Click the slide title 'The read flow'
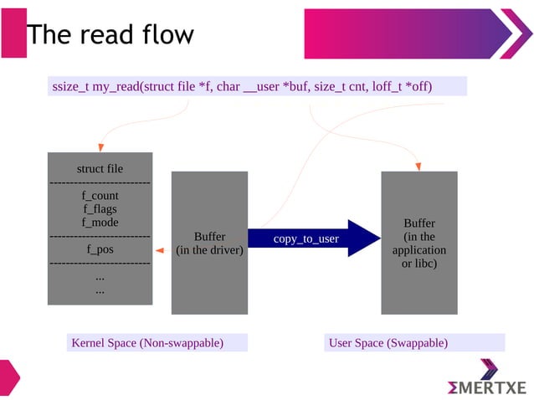[x=110, y=34]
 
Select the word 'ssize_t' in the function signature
[x=70, y=86]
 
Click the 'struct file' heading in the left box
[x=100, y=168]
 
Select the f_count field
[x=100, y=195]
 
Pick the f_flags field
[x=100, y=208]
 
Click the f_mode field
[x=100, y=222]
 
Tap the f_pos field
[x=100, y=249]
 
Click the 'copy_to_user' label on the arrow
[x=306, y=239]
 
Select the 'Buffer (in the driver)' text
[x=209, y=244]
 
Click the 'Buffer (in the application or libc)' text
[x=418, y=244]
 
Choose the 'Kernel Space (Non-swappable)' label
[x=147, y=343]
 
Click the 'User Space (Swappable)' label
[x=388, y=343]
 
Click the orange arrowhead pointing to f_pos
[x=158, y=249]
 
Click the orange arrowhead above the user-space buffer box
[x=418, y=165]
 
